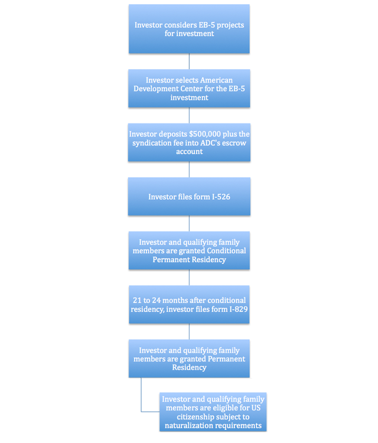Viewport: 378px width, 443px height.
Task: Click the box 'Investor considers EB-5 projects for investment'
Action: tap(189, 29)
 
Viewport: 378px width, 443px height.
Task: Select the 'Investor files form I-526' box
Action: tap(189, 196)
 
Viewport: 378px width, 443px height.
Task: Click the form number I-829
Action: tap(239, 309)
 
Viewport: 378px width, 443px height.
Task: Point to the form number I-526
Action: tap(221, 197)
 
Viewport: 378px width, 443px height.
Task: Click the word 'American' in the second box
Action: tap(216, 80)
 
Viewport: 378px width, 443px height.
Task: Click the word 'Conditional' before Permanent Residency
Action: tap(226, 250)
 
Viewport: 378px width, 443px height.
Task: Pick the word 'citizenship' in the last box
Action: tap(197, 417)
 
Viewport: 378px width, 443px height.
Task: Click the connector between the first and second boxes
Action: tap(189, 61)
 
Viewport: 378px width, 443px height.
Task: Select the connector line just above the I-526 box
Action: tap(189, 170)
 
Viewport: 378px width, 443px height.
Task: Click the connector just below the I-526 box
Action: tap(189, 223)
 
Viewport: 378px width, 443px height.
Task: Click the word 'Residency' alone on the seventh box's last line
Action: tap(189, 367)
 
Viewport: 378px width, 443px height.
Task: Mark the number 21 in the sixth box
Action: tap(137, 300)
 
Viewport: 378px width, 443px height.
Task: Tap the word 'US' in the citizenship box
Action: tap(255, 408)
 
